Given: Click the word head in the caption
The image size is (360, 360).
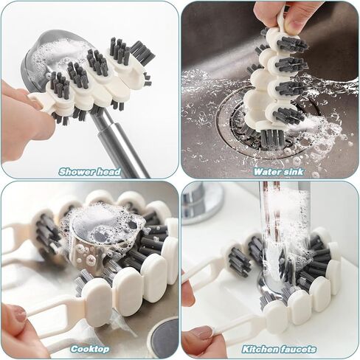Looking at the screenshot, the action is pyautogui.click(x=109, y=172).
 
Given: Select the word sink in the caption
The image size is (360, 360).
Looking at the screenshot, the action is pyautogui.click(x=294, y=172).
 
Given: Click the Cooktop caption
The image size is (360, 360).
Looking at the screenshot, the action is pyautogui.click(x=90, y=349).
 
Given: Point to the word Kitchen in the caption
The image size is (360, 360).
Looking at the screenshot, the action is pyautogui.click(x=260, y=349).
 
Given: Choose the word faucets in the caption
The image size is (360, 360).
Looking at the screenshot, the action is pyautogui.click(x=299, y=349).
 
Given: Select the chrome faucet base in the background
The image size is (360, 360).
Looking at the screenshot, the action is pyautogui.click(x=201, y=204).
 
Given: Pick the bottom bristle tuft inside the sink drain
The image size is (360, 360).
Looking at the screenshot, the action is pyautogui.click(x=271, y=139).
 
